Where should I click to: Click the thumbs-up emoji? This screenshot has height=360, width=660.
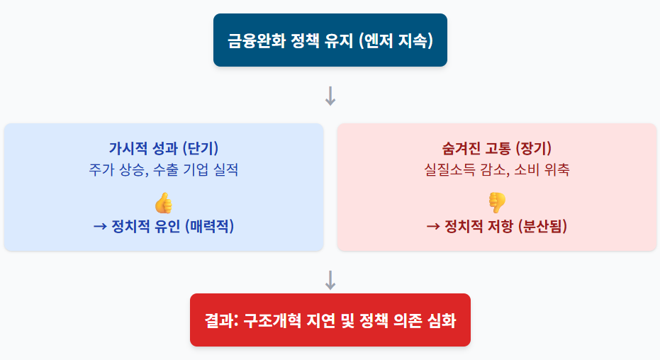(x=163, y=203)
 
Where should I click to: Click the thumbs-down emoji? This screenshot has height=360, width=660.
(x=496, y=203)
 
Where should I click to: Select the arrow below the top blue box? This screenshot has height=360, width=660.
(x=330, y=96)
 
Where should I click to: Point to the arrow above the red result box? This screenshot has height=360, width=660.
(x=330, y=280)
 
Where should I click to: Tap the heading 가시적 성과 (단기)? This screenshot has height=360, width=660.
(x=163, y=149)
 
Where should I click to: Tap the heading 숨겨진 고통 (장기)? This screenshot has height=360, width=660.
(x=496, y=149)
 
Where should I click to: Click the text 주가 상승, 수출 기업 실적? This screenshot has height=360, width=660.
(x=163, y=170)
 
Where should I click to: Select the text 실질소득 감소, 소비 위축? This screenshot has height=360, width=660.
(x=496, y=170)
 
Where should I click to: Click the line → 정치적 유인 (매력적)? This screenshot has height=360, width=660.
(x=163, y=227)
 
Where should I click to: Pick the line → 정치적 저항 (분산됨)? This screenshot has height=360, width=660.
(x=496, y=227)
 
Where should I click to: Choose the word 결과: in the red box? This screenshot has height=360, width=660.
(x=220, y=320)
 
